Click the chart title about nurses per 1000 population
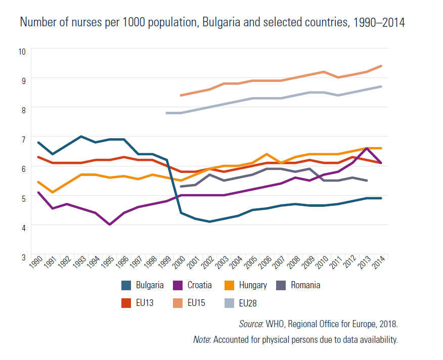[212, 23]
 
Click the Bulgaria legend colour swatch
[128, 285]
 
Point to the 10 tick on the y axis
[22, 51]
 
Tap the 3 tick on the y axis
[22, 256]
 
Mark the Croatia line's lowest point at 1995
[110, 224]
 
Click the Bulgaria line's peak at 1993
[81, 137]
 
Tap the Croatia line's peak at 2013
[366, 148]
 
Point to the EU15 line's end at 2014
[381, 66]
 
